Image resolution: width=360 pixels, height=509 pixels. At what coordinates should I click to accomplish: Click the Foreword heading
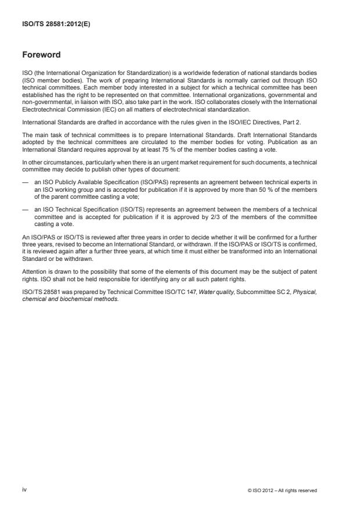pyautogui.click(x=41, y=55)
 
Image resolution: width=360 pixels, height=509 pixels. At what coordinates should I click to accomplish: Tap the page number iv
pyautogui.click(x=24, y=490)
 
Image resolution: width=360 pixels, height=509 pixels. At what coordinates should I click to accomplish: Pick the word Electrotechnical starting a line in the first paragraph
pyautogui.click(x=42, y=109)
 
